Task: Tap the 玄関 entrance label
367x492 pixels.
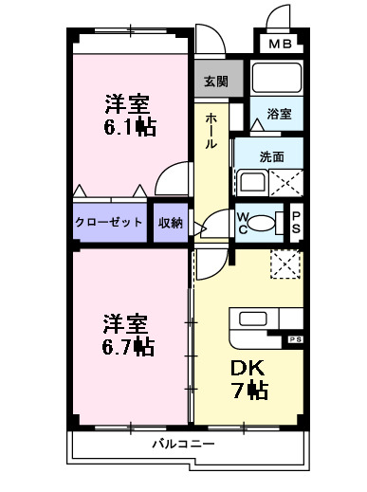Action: click(x=215, y=82)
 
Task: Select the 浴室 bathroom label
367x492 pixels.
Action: click(x=279, y=114)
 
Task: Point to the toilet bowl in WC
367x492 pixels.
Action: click(x=266, y=223)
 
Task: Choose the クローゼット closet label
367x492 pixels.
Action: click(x=109, y=222)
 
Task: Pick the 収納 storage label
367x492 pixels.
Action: click(x=171, y=222)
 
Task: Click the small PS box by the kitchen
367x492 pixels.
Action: click(x=295, y=337)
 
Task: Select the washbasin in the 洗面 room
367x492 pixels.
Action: click(x=251, y=180)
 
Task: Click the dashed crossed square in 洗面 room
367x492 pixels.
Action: click(x=287, y=181)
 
